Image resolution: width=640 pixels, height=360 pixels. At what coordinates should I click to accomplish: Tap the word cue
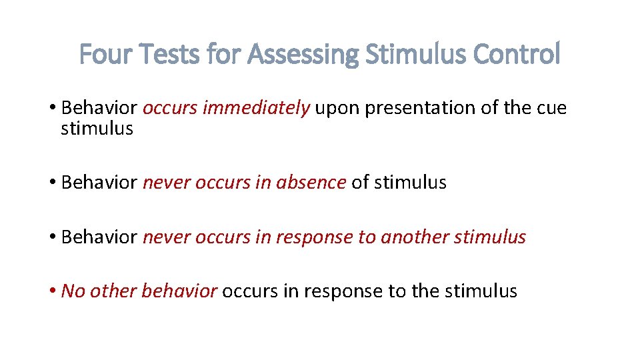550,109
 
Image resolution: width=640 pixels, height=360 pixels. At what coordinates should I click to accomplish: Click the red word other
113,291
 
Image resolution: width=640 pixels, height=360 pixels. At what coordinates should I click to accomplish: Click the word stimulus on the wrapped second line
97,128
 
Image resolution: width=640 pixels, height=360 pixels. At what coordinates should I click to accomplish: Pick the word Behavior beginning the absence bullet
99,182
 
